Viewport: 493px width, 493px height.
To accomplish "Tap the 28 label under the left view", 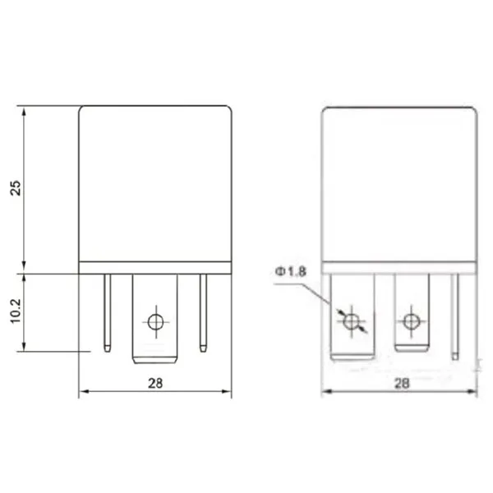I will (155, 383).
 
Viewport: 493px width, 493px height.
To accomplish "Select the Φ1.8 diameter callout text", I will (293, 272).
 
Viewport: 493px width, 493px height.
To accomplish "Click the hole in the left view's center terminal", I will (154, 320).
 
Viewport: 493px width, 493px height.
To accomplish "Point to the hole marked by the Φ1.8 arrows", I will (352, 320).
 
